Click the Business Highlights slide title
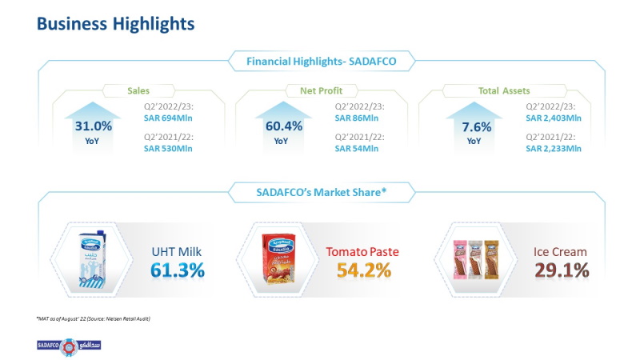pos(115,24)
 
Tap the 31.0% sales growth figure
pos(94,126)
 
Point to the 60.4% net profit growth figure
pos(284,126)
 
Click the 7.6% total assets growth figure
pos(474,126)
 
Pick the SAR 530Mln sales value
pos(169,148)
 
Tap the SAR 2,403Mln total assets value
pos(553,118)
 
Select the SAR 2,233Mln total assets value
pos(553,148)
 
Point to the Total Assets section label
pos(505,91)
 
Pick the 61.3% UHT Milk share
pos(178,270)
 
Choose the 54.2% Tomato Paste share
pos(363,270)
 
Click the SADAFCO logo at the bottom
pos(69,346)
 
